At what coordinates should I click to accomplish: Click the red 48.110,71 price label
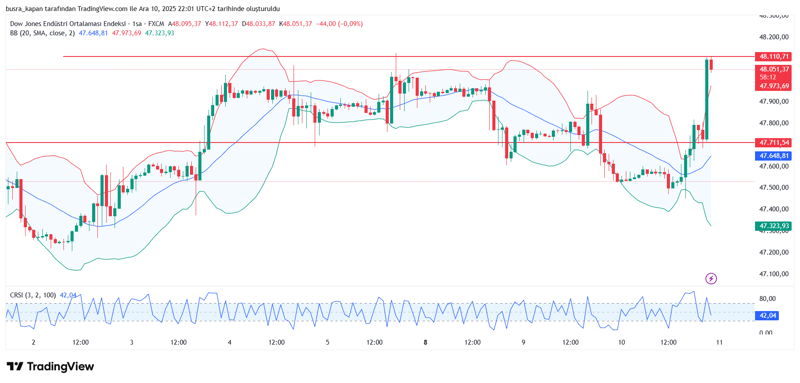(x=774, y=56)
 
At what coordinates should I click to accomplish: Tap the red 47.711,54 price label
(x=774, y=143)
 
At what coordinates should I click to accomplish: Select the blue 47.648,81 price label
(x=774, y=156)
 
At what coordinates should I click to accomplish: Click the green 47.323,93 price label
(x=774, y=226)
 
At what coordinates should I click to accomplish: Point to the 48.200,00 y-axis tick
(x=774, y=37)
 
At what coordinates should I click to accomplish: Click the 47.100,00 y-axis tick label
(x=774, y=274)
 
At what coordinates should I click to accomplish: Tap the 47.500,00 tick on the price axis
(x=774, y=188)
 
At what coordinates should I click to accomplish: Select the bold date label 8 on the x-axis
(x=425, y=342)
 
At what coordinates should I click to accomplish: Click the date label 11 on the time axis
(x=719, y=342)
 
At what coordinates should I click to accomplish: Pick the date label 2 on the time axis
(x=33, y=342)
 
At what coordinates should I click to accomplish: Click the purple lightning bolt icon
(x=711, y=278)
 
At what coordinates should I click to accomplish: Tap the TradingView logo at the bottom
(x=50, y=367)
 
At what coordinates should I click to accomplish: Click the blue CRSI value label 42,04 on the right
(x=767, y=315)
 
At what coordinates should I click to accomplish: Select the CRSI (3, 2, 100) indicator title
(x=33, y=295)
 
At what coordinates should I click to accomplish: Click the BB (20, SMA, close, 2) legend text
(x=42, y=33)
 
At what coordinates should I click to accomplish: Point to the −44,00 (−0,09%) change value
(x=339, y=24)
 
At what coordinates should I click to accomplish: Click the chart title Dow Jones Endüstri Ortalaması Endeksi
(x=68, y=24)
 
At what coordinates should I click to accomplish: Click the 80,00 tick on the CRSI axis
(x=767, y=299)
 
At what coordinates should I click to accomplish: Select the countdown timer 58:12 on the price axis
(x=767, y=77)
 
